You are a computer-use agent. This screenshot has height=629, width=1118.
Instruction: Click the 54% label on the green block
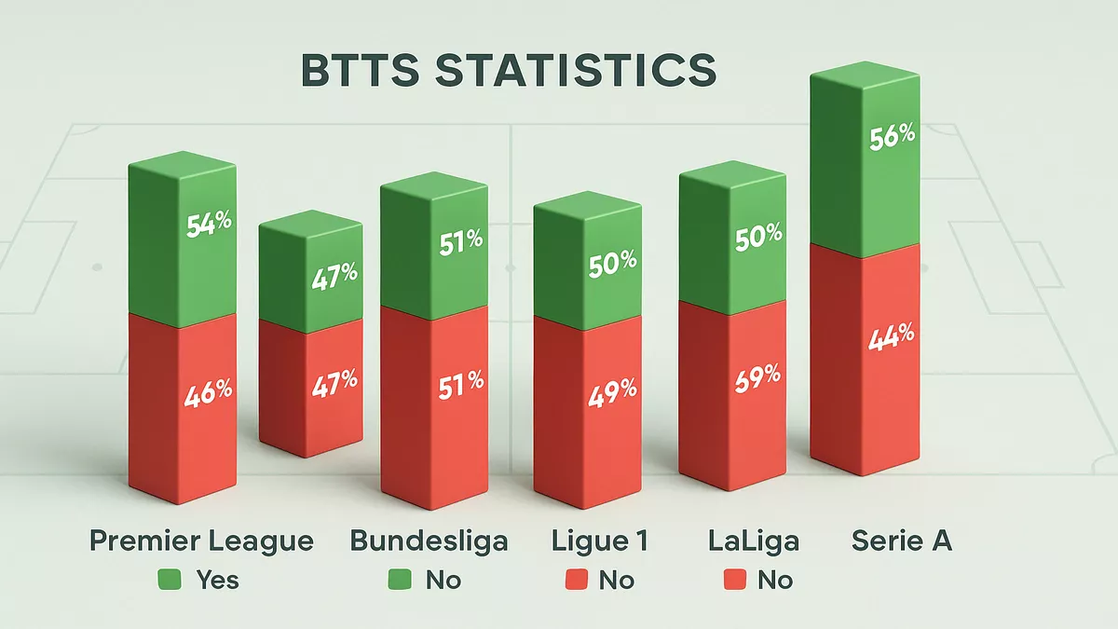[208, 226]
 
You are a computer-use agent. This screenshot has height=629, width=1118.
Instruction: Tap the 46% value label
[208, 390]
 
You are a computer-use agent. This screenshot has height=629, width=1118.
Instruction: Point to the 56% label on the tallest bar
[892, 135]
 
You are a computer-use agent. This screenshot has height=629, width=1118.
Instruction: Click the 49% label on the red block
[612, 396]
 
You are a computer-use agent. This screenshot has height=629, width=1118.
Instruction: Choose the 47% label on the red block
[335, 380]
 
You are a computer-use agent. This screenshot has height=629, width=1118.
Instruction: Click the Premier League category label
[201, 540]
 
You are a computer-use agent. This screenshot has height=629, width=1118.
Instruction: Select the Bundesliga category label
[429, 540]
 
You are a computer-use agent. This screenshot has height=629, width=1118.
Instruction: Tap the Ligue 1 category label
[599, 540]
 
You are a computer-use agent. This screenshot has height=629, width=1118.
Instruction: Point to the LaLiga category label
[753, 540]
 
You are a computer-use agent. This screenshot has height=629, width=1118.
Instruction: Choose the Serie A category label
[902, 540]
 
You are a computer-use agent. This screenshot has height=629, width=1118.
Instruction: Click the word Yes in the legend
[217, 580]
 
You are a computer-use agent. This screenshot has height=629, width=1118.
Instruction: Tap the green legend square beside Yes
[170, 580]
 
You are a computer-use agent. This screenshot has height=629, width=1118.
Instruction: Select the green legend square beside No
[399, 580]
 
